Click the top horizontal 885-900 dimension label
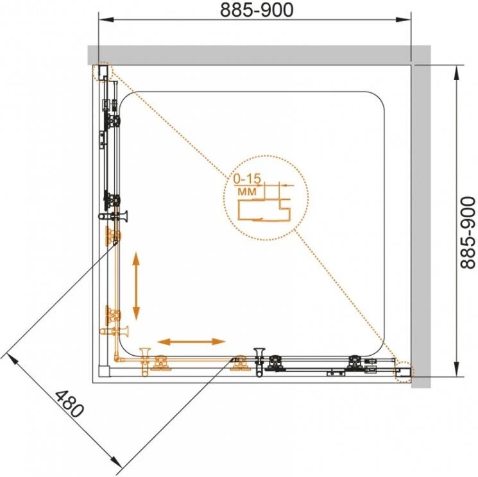(x=257, y=10)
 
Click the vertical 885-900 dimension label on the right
(x=467, y=233)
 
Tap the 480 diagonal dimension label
(x=69, y=404)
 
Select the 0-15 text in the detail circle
(x=247, y=179)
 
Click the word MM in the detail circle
(x=247, y=192)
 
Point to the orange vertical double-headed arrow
(x=136, y=286)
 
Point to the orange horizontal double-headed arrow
(x=191, y=342)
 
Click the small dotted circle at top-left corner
(x=103, y=72)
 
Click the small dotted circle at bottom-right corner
(x=403, y=371)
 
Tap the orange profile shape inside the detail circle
(x=264, y=210)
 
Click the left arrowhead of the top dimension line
(x=106, y=20)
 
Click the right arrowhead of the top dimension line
(x=404, y=20)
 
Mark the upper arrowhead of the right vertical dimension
(x=456, y=73)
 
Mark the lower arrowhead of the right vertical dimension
(x=456, y=369)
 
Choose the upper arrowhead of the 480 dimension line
(x=8, y=359)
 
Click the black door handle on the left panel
(x=113, y=216)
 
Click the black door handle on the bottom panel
(x=260, y=362)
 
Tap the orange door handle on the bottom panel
(x=145, y=362)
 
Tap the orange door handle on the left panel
(x=114, y=331)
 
